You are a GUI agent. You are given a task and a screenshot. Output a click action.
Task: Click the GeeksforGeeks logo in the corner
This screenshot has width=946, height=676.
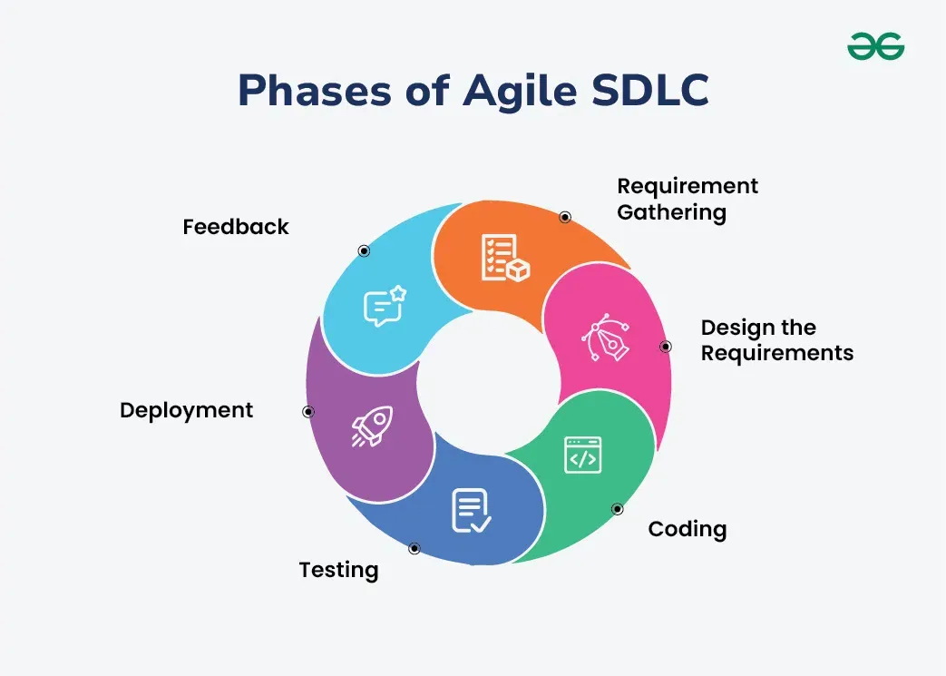pyautogui.click(x=875, y=46)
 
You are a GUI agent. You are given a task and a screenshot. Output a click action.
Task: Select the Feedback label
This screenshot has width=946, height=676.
pyautogui.click(x=236, y=227)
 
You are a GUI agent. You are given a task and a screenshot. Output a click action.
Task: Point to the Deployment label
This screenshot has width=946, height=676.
pyautogui.click(x=187, y=410)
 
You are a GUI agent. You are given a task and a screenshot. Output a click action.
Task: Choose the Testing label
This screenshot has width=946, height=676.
pyautogui.click(x=338, y=570)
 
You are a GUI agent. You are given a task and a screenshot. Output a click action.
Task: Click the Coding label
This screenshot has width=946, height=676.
pyautogui.click(x=688, y=529)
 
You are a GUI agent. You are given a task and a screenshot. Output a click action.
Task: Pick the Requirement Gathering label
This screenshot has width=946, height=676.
pyautogui.click(x=688, y=200)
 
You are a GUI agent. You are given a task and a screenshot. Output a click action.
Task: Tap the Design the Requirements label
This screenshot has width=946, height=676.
pyautogui.click(x=777, y=340)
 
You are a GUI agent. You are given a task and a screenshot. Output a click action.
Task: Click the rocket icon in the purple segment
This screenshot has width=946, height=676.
pyautogui.click(x=372, y=426)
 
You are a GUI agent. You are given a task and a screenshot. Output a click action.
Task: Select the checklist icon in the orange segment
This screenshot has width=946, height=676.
pyautogui.click(x=504, y=258)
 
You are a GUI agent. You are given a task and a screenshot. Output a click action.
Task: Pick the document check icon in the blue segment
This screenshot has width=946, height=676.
pyautogui.click(x=471, y=510)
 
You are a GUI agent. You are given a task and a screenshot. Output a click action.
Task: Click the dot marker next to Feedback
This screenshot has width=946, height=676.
pyautogui.click(x=364, y=251)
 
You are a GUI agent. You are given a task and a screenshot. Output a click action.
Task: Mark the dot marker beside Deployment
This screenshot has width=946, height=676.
pyautogui.click(x=308, y=412)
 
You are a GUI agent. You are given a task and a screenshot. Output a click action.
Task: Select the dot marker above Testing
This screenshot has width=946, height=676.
pyautogui.click(x=414, y=548)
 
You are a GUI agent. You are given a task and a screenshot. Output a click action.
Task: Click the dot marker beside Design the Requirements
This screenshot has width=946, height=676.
pyautogui.click(x=665, y=347)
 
